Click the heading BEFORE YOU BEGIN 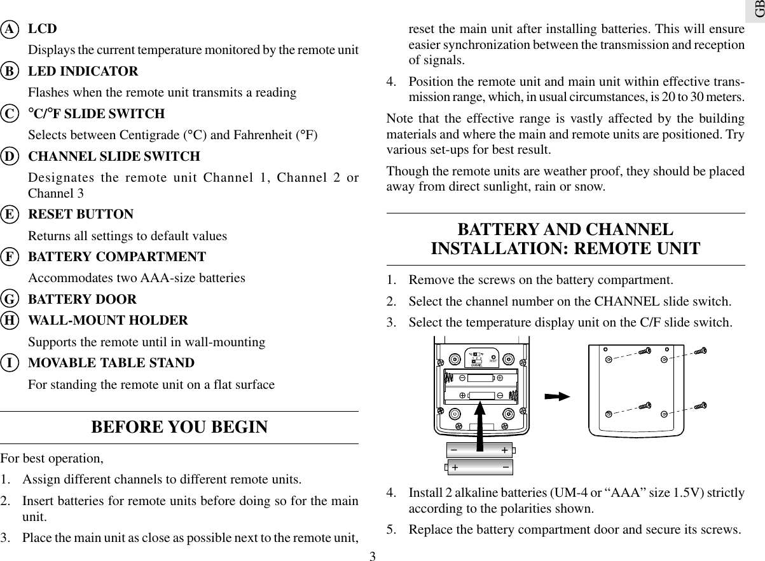(x=179, y=427)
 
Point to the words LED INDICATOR (x=83, y=71)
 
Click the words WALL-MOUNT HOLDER (x=108, y=320)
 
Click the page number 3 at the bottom (x=373, y=557)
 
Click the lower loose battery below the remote (x=479, y=468)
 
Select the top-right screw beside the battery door (x=700, y=350)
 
